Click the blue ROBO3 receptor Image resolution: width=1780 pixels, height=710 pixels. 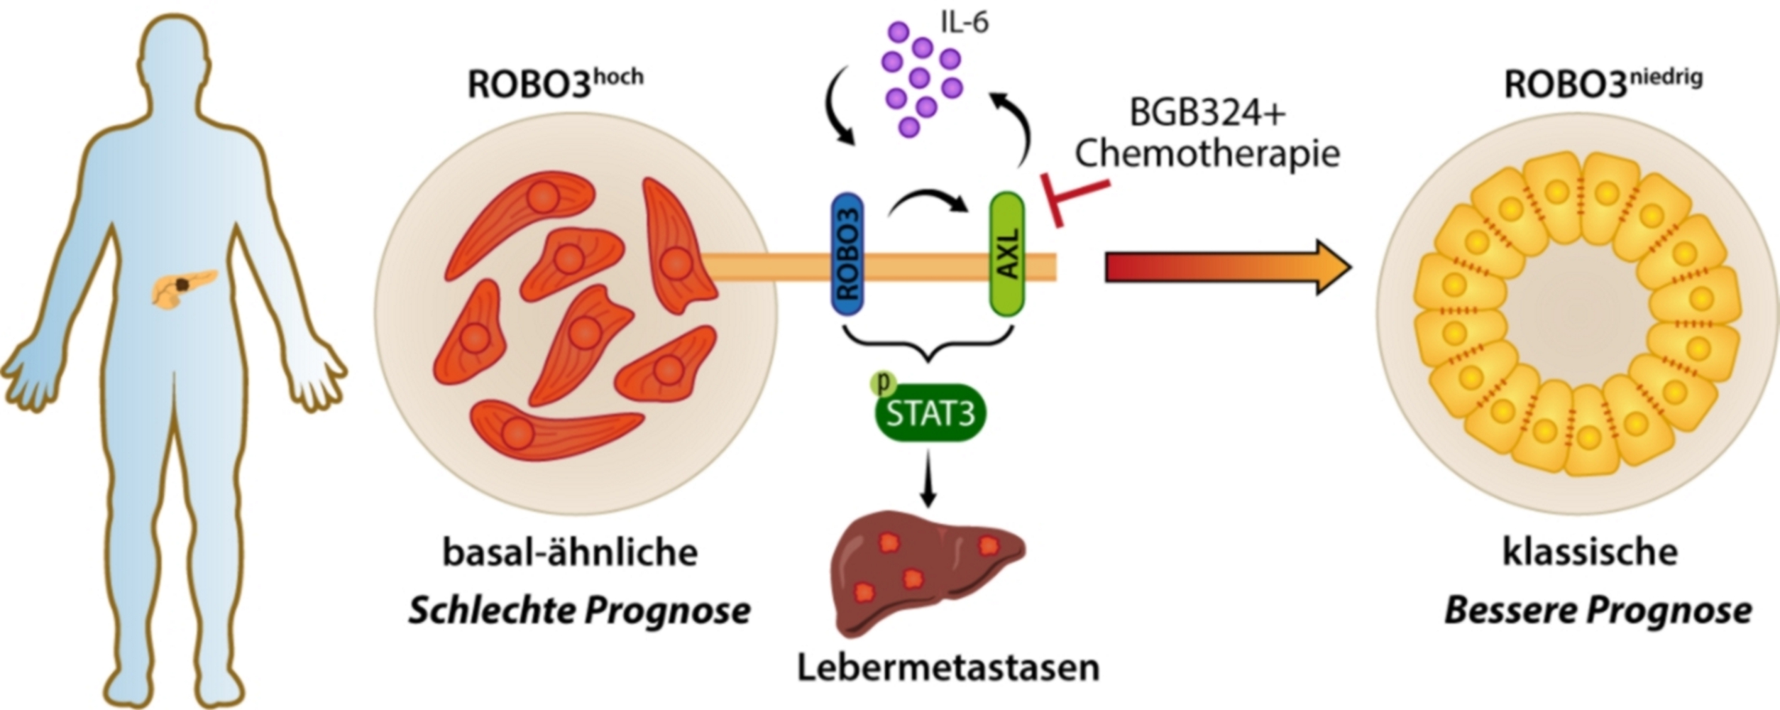pyautogui.click(x=847, y=253)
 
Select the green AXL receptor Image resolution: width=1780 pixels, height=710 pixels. pyautogui.click(x=1007, y=253)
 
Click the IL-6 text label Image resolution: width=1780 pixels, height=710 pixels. pyautogui.click(x=965, y=23)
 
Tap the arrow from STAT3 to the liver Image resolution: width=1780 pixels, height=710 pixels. pyautogui.click(x=928, y=479)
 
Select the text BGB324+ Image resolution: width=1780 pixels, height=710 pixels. pyautogui.click(x=1207, y=113)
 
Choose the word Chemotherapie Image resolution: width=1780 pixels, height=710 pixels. pyautogui.click(x=1207, y=153)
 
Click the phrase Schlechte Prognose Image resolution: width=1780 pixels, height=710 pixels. pyautogui.click(x=579, y=611)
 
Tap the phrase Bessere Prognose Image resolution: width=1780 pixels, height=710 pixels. pyautogui.click(x=1598, y=611)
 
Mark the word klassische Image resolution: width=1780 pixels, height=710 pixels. pyautogui.click(x=1590, y=552)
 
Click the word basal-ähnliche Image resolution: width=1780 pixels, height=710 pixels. pyautogui.click(x=570, y=552)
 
